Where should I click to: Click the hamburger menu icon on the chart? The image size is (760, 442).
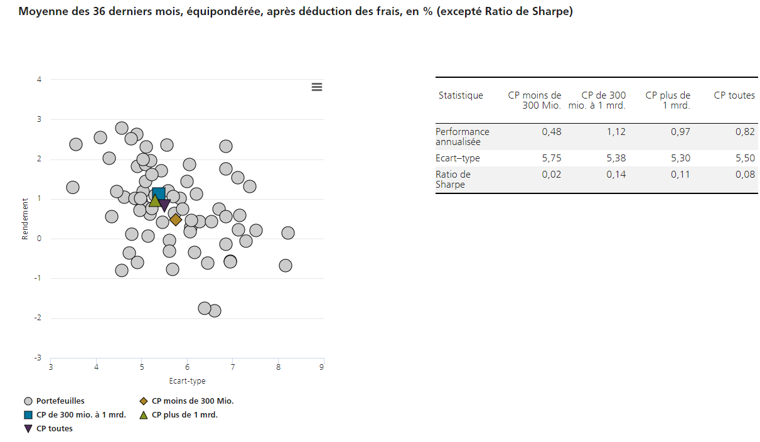click(317, 87)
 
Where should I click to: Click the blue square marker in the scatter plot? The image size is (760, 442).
click(159, 194)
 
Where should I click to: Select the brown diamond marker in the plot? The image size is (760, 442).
click(176, 219)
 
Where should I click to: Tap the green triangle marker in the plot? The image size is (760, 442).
click(154, 201)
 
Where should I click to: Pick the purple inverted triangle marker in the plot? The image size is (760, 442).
click(164, 205)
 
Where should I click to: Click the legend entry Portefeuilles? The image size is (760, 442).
click(60, 401)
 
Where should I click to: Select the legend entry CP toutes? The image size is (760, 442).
click(54, 428)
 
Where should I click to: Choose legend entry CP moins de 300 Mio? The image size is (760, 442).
click(196, 401)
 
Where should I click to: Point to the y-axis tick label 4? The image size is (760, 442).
click(39, 80)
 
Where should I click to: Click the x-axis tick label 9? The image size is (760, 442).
click(322, 367)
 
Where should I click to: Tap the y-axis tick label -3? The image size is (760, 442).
click(38, 358)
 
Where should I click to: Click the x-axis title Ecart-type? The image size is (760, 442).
click(187, 380)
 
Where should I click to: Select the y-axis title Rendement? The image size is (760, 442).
click(26, 219)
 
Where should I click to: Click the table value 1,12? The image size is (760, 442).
click(616, 132)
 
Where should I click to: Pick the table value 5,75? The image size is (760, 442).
click(552, 158)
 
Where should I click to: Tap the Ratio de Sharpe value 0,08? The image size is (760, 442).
click(745, 175)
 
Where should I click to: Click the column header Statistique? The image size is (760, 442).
click(461, 95)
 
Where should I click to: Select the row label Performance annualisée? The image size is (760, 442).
click(463, 136)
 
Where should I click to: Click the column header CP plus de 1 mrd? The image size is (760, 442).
click(668, 100)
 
